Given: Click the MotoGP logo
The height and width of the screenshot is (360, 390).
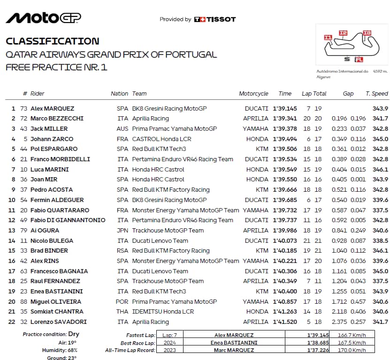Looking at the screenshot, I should (x=43, y=18).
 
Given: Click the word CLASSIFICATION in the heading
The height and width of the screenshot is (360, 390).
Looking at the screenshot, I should (x=52, y=41).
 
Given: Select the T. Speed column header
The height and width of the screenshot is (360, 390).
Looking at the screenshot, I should (x=377, y=94).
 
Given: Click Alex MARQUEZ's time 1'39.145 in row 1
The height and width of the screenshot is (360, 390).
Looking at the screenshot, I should (x=285, y=108).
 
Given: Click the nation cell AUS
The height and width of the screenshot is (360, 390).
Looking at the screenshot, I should (x=122, y=128).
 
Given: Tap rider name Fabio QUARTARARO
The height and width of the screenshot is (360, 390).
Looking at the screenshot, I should (x=60, y=210).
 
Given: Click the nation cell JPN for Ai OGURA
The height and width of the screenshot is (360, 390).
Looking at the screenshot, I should (x=122, y=230).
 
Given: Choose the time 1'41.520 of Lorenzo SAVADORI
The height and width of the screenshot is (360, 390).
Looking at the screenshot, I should (x=285, y=322).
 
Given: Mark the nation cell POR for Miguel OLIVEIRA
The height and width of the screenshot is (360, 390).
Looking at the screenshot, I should (x=122, y=301).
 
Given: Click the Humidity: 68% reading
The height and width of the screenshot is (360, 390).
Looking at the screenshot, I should (x=55, y=350).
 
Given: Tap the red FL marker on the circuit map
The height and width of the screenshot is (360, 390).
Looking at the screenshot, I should (x=359, y=60).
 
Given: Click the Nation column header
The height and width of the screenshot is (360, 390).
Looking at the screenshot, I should (x=119, y=94).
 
